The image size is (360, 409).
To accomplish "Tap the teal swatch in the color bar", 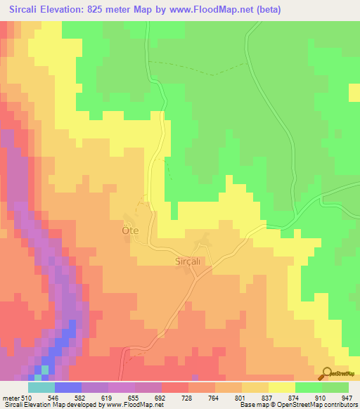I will [41, 388].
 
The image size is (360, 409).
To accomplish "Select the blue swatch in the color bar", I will [68, 388].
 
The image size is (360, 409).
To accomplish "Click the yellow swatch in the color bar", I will [282, 388].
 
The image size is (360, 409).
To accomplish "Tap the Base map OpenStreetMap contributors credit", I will [296, 405].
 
